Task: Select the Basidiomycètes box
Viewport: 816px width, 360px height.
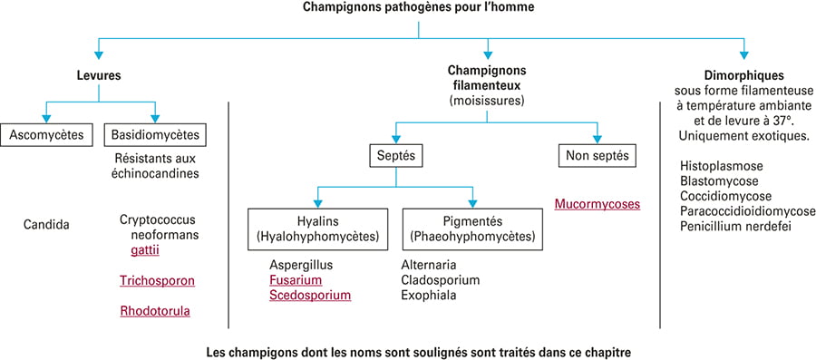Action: pos(155,135)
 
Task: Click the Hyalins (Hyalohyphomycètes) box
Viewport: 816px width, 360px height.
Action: pos(318,229)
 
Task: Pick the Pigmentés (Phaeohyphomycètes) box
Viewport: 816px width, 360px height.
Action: pos(472,229)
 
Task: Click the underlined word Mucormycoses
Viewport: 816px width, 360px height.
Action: pos(597,204)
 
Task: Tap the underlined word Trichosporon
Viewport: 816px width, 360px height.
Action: pos(157,281)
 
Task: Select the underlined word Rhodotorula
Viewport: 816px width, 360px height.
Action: pos(155,312)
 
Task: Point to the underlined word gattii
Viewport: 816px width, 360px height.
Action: pos(145,251)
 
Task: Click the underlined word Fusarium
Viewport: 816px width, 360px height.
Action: pos(296,280)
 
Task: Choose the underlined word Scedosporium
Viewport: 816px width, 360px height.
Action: pos(310,296)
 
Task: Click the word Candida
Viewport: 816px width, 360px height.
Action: pos(46,225)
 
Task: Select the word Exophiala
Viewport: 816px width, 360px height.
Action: pos(430,296)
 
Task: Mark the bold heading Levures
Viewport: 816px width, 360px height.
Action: pos(99,75)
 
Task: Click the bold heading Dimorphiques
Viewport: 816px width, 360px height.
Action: pos(743,75)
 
